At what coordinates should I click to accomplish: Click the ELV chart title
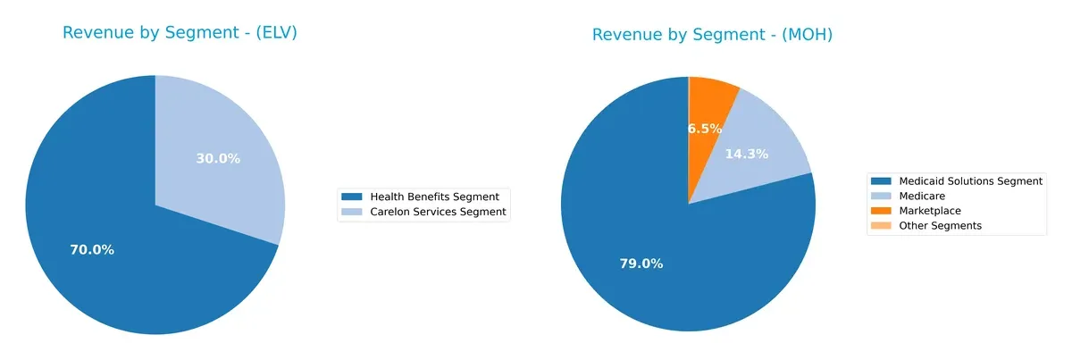(180, 33)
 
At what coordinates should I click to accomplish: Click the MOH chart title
(712, 35)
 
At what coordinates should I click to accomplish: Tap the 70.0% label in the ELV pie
(92, 250)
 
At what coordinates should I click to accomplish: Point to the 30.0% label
(218, 159)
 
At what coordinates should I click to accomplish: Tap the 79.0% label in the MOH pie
(641, 264)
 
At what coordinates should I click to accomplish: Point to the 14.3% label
(746, 154)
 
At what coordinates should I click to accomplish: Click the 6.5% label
(705, 129)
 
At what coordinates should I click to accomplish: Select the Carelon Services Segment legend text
(438, 212)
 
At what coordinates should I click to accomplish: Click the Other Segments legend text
(941, 226)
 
